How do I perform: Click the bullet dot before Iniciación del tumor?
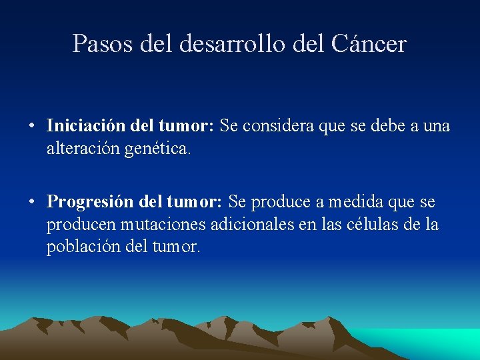point(32,126)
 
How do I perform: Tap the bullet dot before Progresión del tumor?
point(32,202)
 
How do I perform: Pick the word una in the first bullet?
point(437,125)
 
